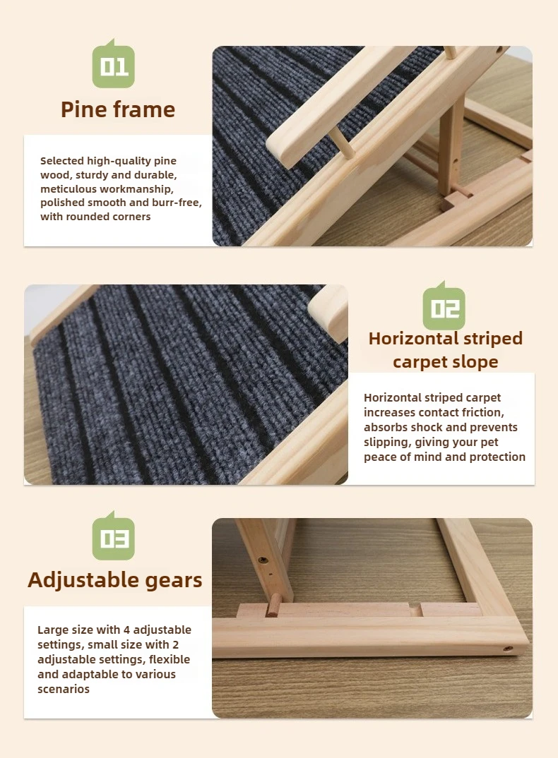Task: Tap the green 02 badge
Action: tap(444, 307)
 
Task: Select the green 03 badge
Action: tap(113, 537)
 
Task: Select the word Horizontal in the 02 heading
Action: tap(413, 338)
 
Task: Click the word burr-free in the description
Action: tap(177, 203)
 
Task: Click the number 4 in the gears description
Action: tap(127, 630)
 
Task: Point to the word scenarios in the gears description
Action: tap(64, 690)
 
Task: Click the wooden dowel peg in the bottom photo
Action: tap(273, 605)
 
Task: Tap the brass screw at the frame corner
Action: tap(508, 649)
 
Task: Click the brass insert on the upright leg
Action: tap(263, 561)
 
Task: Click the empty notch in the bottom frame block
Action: tap(416, 610)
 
